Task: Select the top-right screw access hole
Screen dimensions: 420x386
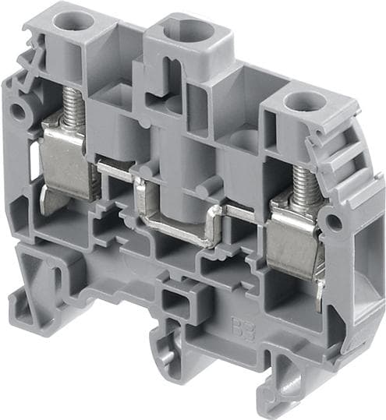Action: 298,101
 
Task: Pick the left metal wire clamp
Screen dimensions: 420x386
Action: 66,156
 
